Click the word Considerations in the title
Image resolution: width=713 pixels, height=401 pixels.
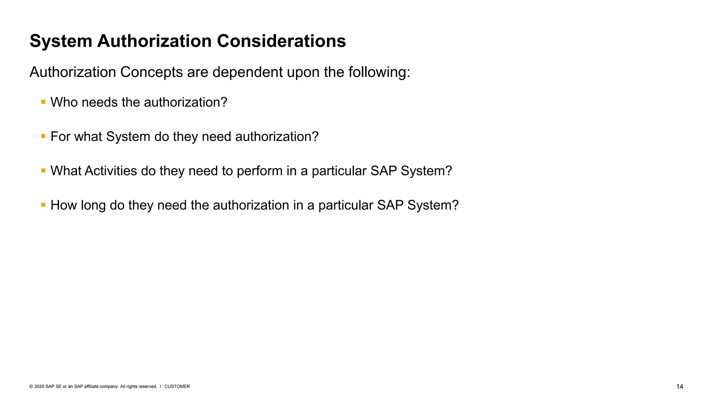281,41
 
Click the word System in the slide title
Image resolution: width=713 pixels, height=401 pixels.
61,41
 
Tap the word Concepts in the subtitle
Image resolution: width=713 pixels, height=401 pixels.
151,72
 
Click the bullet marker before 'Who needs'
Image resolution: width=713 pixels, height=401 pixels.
43,102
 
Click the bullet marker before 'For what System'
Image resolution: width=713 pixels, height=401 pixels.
43,136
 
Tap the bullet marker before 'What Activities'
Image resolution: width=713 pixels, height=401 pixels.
43,171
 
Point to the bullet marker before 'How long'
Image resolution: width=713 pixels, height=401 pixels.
43,205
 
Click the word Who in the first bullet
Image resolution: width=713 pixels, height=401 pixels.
64,102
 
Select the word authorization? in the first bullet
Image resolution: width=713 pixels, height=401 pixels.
185,102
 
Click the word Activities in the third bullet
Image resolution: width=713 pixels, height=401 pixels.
111,171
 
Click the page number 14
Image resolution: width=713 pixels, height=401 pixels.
680,387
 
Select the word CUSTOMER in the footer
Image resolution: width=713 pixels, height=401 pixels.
177,387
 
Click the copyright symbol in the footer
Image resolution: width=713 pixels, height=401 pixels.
31,387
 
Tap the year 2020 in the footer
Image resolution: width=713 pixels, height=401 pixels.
39,387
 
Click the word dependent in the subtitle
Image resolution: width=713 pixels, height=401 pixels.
248,72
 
